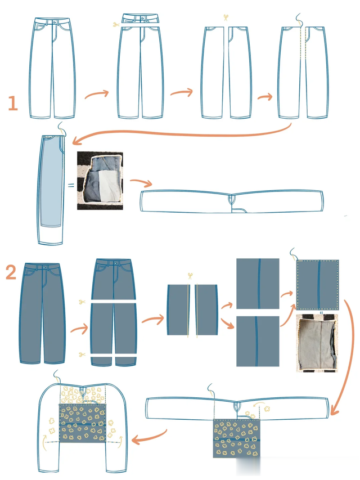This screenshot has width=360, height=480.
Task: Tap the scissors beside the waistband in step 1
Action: (x=115, y=24)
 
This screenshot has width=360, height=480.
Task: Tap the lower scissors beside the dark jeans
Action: (x=82, y=355)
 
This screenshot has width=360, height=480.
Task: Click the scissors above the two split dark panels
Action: (x=191, y=276)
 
